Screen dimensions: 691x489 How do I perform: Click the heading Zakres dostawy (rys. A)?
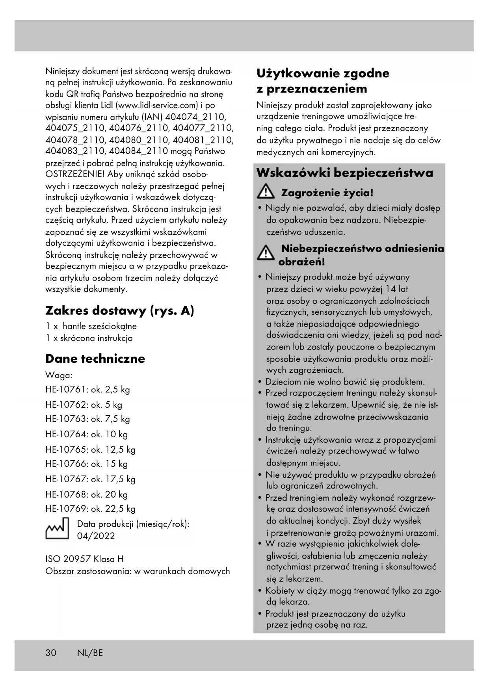coord(120,311)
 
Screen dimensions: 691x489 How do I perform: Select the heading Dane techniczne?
coord(95,359)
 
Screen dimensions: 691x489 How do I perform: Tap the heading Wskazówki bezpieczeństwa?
coord(345,173)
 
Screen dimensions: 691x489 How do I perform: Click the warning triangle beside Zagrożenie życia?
coord(266,193)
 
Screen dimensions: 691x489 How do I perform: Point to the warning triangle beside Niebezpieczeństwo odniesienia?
coord(266,253)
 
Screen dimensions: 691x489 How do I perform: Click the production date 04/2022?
coord(96,536)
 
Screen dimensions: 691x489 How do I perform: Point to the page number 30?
coord(51,653)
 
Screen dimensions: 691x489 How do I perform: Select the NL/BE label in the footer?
coord(90,653)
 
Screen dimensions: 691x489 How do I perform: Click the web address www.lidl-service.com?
coord(158,106)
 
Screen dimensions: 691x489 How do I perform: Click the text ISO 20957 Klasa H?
coord(85,559)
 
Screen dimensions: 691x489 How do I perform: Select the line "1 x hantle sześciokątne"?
coord(91,326)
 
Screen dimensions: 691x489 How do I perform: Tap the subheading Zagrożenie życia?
coord(327,193)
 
